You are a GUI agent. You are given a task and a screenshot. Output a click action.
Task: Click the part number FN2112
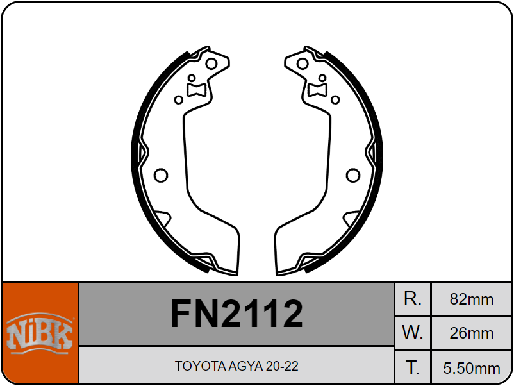pyautogui.click(x=236, y=314)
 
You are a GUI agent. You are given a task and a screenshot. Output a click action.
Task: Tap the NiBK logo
pyautogui.click(x=40, y=333)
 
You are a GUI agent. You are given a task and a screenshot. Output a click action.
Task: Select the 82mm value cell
pyautogui.click(x=472, y=299)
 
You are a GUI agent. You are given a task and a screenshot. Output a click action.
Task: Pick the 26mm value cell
pyautogui.click(x=472, y=333)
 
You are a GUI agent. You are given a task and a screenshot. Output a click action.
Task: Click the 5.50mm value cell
pyautogui.click(x=472, y=368)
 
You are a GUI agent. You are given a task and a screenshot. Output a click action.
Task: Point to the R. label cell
pyautogui.click(x=413, y=299)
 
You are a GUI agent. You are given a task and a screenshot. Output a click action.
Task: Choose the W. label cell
pyautogui.click(x=413, y=333)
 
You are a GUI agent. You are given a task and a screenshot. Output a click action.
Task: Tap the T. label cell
pyautogui.click(x=413, y=368)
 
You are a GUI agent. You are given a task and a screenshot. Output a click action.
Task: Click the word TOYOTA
pyautogui.click(x=199, y=366)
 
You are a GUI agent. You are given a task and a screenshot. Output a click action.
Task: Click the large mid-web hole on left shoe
pyautogui.click(x=161, y=175)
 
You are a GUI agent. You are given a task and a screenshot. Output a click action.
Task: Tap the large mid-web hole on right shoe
pyautogui.click(x=353, y=175)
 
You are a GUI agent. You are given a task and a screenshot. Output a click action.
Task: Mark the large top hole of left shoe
pyautogui.click(x=211, y=63)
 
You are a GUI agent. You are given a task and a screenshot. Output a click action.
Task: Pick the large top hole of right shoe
pyautogui.click(x=303, y=63)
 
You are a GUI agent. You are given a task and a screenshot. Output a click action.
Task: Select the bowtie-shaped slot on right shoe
pyautogui.click(x=318, y=89)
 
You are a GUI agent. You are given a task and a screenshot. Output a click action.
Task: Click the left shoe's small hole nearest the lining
pyautogui.click(x=179, y=100)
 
